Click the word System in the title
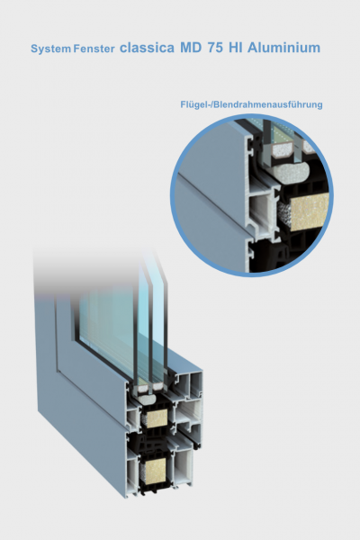50,49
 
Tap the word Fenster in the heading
94,49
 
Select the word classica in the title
147,48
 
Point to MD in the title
191,48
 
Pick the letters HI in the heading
235,48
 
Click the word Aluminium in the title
283,48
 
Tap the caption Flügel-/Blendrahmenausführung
251,104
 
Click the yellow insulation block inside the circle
310,211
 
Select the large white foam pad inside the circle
292,173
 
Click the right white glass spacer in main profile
157,387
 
